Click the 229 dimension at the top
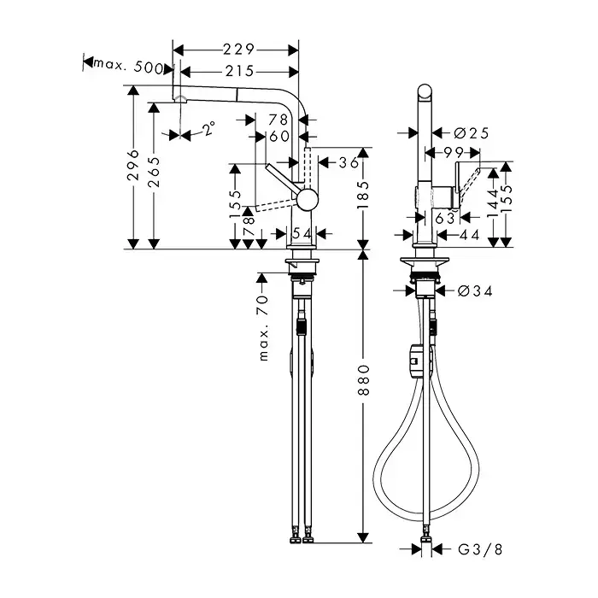(238, 50)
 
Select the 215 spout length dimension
(239, 71)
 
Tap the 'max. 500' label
(128, 66)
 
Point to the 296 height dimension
(133, 165)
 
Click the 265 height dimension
(154, 172)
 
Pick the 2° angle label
(208, 128)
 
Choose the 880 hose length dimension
(364, 380)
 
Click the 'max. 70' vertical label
(263, 328)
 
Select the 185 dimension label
(363, 195)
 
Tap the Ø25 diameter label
(472, 133)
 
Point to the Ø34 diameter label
(475, 291)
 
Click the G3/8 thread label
(480, 549)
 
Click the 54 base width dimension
(302, 233)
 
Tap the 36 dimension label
(349, 163)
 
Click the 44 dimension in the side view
(469, 235)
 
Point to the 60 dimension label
(279, 136)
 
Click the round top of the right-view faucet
(425, 92)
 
